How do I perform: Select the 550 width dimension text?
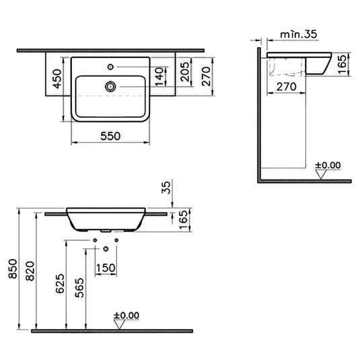111,135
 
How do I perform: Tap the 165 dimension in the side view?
341,64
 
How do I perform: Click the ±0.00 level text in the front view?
126,314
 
